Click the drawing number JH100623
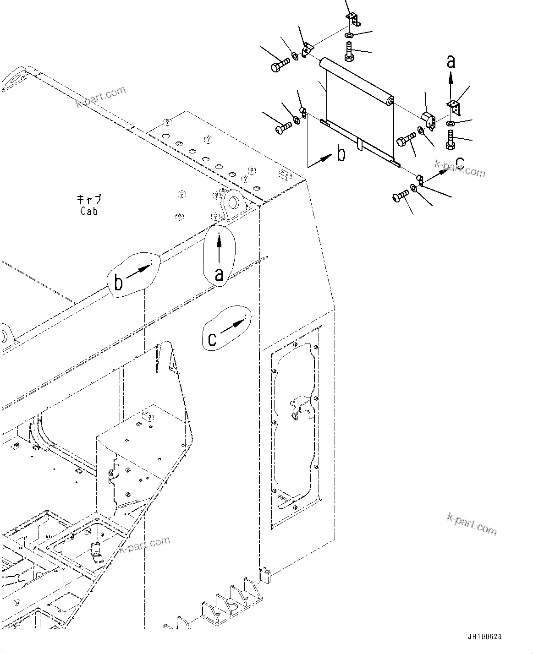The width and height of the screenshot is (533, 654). [x=484, y=637]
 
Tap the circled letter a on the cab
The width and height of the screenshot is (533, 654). [x=219, y=274]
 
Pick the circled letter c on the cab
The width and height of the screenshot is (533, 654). [x=212, y=339]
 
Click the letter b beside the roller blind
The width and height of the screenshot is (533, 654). [x=341, y=154]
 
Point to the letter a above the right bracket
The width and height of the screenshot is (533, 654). [x=451, y=62]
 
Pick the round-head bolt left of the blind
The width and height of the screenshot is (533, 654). [x=283, y=127]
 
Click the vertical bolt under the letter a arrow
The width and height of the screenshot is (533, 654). [x=450, y=139]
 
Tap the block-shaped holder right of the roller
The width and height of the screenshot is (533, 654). [x=428, y=120]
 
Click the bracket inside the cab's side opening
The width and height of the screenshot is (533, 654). [x=301, y=408]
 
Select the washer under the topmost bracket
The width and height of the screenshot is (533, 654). [x=349, y=36]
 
